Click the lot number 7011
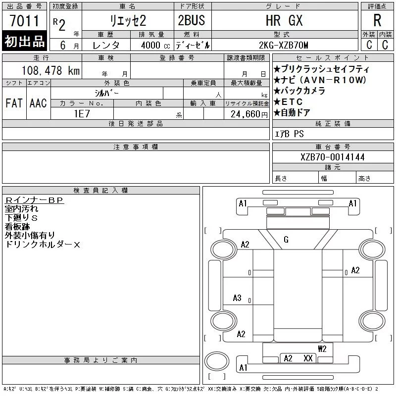pyautogui.click(x=24, y=21)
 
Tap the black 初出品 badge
pyautogui.click(x=24, y=41)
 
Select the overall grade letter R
pyautogui.click(x=377, y=20)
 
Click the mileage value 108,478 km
pyautogui.click(x=50, y=70)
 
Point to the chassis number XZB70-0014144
pyautogui.click(x=333, y=157)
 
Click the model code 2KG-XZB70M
pyautogui.click(x=283, y=45)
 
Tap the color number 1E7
pyautogui.click(x=82, y=114)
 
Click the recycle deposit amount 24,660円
pyautogui.click(x=249, y=114)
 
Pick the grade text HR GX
pyautogui.click(x=284, y=20)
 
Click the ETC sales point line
pyautogui.click(x=288, y=102)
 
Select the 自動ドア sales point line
pyautogui.click(x=292, y=113)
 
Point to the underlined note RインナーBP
pyautogui.click(x=34, y=200)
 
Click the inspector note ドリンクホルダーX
pyautogui.click(x=43, y=245)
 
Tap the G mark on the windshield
pyautogui.click(x=286, y=240)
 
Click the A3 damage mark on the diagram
pyautogui.click(x=237, y=298)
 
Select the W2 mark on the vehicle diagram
pyautogui.click(x=322, y=349)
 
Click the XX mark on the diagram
pyautogui.click(x=308, y=358)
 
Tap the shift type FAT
pyautogui.click(x=14, y=103)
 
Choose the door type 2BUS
pyautogui.click(x=192, y=20)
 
